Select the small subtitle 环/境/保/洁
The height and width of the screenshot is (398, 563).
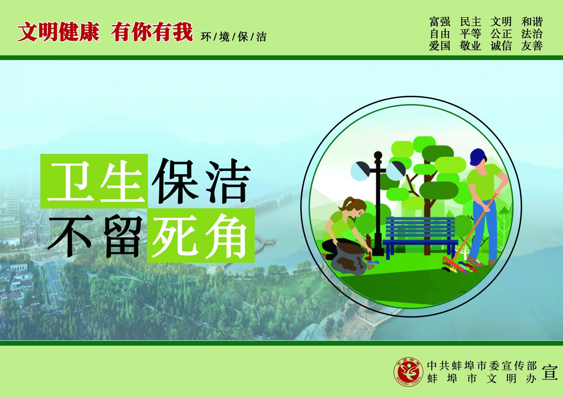[x=234, y=37]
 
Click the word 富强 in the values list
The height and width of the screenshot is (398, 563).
[x=440, y=22]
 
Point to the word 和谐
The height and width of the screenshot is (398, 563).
[x=532, y=22]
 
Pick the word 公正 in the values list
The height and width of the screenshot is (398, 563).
[x=501, y=34]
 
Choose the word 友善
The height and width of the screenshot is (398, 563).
[x=532, y=46]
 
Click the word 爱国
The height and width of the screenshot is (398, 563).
[x=440, y=46]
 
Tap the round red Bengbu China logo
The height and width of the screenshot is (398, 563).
[x=408, y=372]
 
